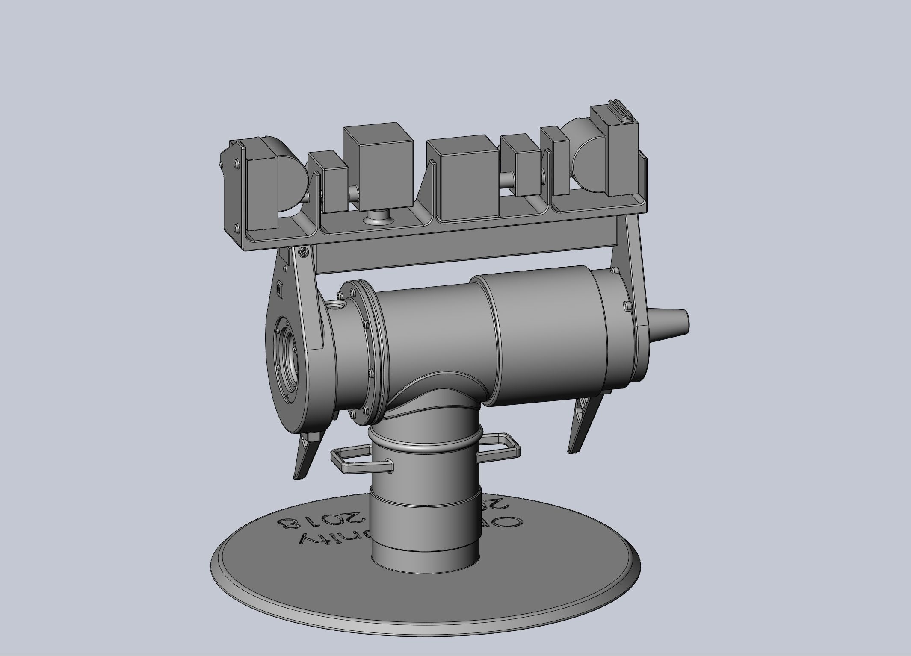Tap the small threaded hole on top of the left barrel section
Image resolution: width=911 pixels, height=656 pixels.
coord(336,305)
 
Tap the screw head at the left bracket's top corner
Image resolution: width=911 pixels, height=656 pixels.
coord(304,253)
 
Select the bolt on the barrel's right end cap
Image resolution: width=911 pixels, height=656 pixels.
coord(625,305)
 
